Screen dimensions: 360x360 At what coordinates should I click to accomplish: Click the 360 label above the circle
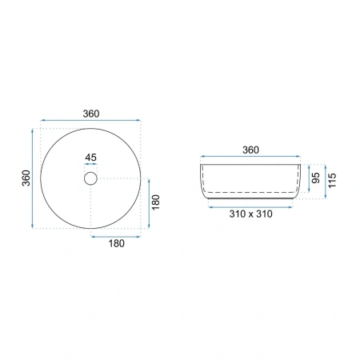[91, 114]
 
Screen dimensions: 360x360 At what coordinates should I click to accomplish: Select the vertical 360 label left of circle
[26, 178]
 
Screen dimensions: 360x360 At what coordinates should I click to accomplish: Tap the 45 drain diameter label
[90, 158]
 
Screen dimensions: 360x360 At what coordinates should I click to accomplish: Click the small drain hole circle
[90, 178]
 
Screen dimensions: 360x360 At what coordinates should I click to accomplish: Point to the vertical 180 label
[156, 202]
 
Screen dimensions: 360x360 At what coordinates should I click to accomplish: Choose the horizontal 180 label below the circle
[117, 243]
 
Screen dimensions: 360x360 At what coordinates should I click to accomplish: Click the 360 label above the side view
[250, 150]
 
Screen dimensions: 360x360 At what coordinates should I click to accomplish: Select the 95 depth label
[316, 178]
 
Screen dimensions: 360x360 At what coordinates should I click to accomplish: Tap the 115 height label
[332, 181]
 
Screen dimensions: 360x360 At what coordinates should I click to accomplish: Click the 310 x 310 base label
[250, 214]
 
